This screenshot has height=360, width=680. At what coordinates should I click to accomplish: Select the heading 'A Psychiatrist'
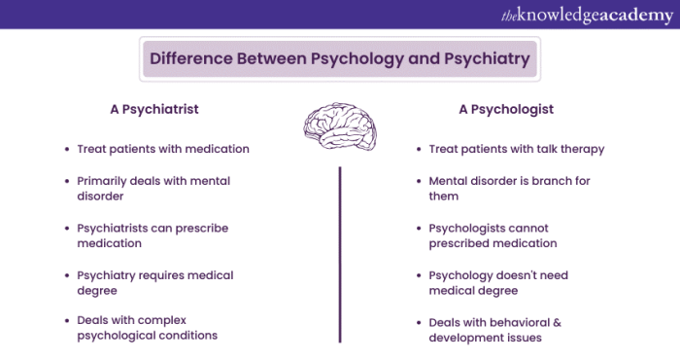click(x=154, y=109)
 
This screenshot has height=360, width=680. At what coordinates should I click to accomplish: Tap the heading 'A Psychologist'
click(x=506, y=109)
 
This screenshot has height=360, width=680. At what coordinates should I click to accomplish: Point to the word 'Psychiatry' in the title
click(x=484, y=58)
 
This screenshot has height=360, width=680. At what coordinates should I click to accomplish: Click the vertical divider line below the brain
click(x=340, y=253)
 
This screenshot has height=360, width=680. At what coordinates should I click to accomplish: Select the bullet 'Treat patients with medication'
click(x=163, y=149)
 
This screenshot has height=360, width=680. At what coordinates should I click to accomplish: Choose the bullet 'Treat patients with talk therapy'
click(x=517, y=149)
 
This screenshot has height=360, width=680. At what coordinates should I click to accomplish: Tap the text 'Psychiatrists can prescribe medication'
click(x=152, y=236)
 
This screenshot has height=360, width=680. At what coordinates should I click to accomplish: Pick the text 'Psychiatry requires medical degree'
click(x=155, y=283)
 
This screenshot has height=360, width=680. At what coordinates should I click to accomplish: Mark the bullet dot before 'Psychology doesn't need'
click(x=419, y=275)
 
